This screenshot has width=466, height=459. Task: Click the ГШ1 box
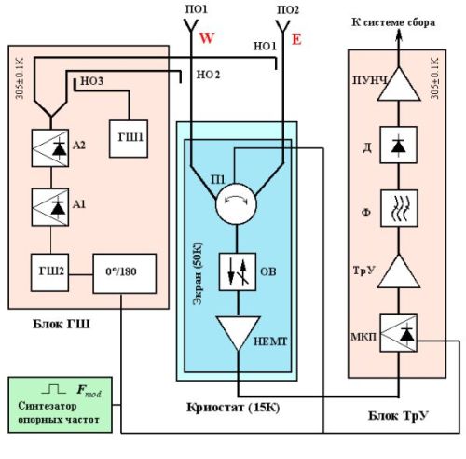click(x=129, y=139)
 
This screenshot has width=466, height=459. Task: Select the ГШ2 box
click(x=49, y=272)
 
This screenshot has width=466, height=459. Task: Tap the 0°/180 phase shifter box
click(x=125, y=273)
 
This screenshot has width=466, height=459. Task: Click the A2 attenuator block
click(x=50, y=148)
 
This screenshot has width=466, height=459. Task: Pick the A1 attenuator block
click(x=50, y=207)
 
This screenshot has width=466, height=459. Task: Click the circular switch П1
click(x=236, y=203)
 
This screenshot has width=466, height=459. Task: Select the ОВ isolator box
click(x=238, y=271)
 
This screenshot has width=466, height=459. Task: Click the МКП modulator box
click(x=399, y=333)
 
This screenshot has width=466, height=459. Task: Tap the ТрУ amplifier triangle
click(x=399, y=271)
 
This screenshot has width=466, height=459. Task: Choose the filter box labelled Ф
click(x=399, y=208)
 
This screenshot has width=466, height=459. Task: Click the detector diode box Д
click(x=399, y=145)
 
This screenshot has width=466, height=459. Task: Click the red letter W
click(x=207, y=38)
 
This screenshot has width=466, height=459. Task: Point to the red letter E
click(x=296, y=39)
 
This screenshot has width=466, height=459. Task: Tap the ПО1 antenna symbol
click(x=191, y=26)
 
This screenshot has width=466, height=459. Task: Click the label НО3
click(x=92, y=81)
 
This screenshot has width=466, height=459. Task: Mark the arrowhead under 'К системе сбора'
click(x=399, y=35)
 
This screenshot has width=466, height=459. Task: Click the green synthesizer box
click(x=61, y=405)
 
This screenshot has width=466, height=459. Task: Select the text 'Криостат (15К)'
click(x=233, y=407)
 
